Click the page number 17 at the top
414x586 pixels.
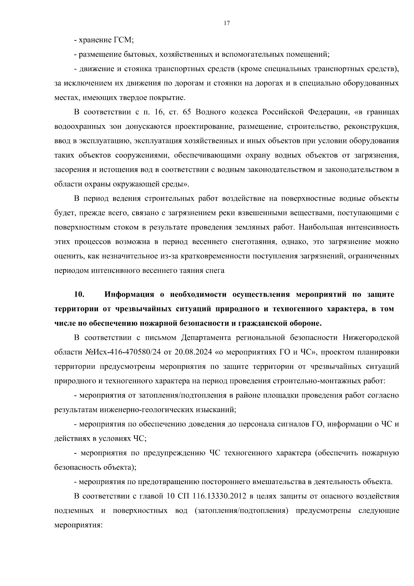227,23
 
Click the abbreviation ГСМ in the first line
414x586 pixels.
123,40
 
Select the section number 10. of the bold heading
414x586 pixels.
79,295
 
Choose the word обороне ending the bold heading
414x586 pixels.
305,324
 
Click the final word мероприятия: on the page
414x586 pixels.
79,525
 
